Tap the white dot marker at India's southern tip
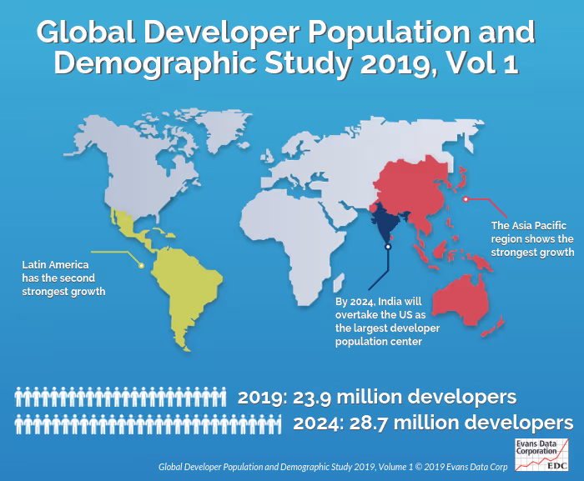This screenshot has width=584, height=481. [387, 247]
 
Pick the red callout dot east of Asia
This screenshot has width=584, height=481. [466, 198]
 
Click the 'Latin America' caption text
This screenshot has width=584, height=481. [56, 264]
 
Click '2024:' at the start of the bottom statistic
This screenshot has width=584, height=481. [315, 423]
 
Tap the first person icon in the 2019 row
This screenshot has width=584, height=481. [18, 397]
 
